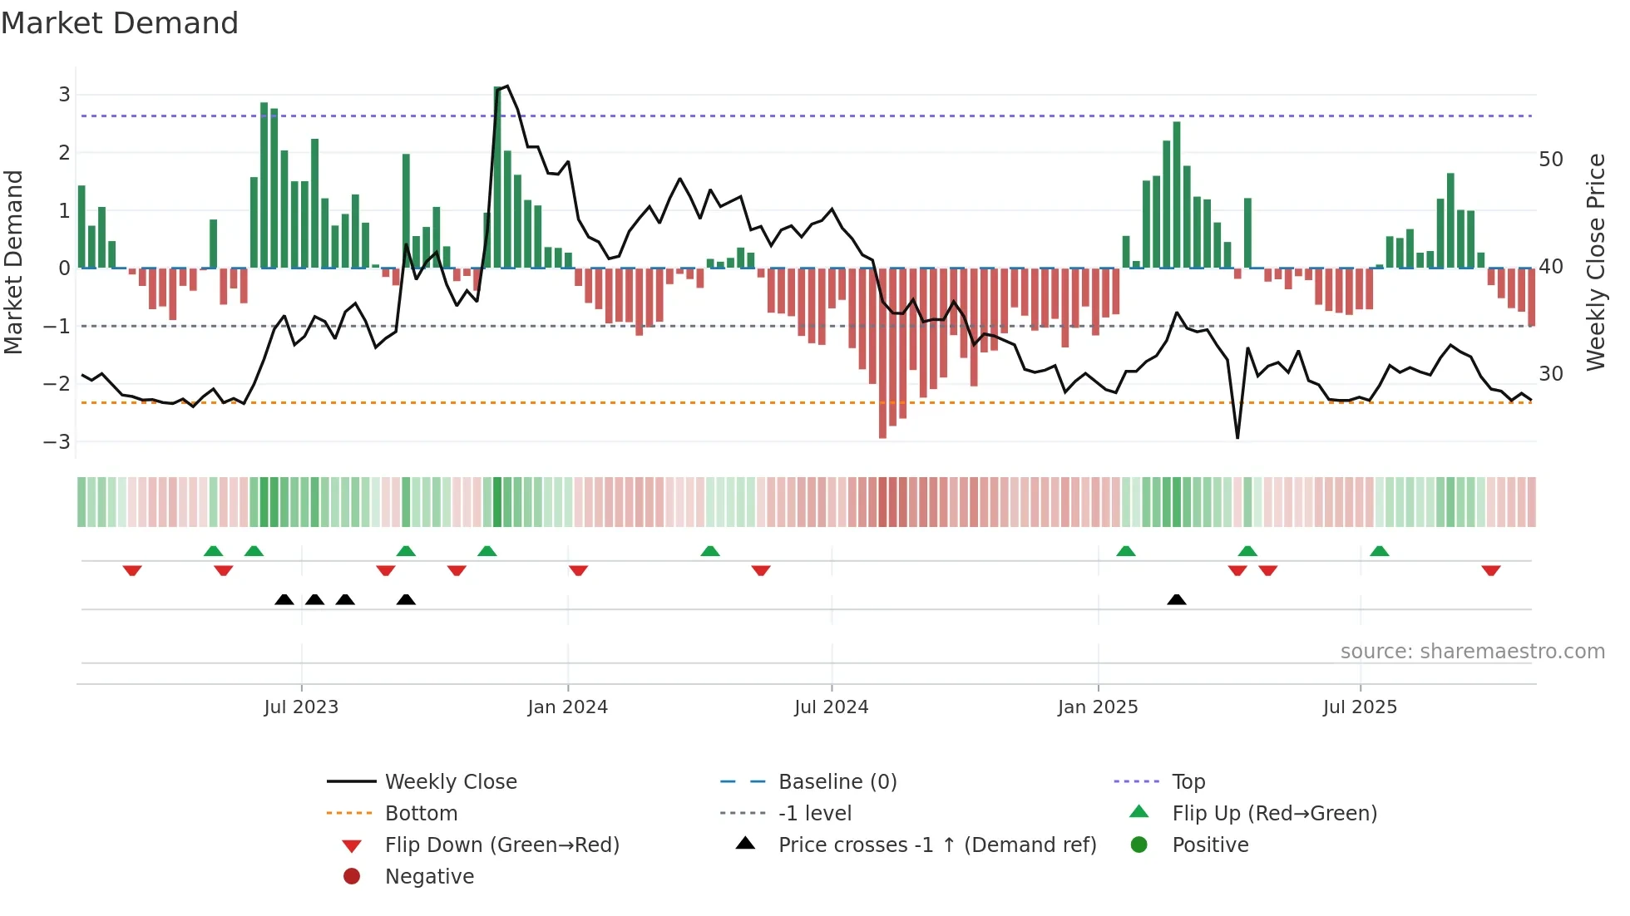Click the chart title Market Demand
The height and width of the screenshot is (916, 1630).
click(x=120, y=23)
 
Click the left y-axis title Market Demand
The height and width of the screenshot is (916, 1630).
click(x=14, y=263)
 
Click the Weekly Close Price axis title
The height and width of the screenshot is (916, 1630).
click(x=1595, y=263)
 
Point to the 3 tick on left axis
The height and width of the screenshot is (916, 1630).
click(x=64, y=95)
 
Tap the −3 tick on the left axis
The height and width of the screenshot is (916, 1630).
click(x=57, y=442)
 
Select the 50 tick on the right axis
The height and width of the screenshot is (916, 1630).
click(x=1551, y=160)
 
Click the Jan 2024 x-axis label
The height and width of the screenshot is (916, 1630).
click(x=567, y=707)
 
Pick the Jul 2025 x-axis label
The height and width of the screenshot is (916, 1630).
click(x=1360, y=707)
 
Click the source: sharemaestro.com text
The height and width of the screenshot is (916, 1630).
click(x=1472, y=652)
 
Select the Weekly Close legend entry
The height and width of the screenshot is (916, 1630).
click(x=450, y=782)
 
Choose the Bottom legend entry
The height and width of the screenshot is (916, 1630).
click(x=421, y=814)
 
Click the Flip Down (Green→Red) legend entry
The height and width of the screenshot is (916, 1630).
click(x=501, y=845)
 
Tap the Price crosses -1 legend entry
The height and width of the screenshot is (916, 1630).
click(x=936, y=845)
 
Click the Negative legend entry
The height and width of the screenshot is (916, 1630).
click(x=429, y=877)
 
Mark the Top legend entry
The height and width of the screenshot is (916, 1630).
click(x=1188, y=782)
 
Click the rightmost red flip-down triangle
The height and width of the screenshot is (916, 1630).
click(x=1490, y=570)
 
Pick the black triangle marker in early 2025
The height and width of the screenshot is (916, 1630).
click(x=1176, y=599)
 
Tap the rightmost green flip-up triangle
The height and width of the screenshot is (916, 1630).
click(x=1379, y=551)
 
